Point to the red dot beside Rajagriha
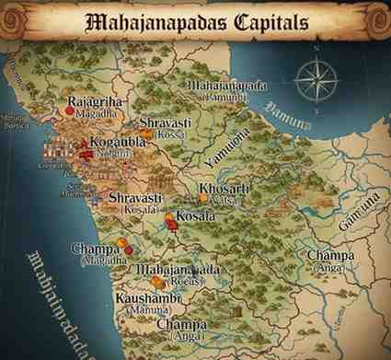coord(69,110)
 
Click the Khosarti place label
coord(224,190)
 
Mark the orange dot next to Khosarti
coord(202,198)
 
